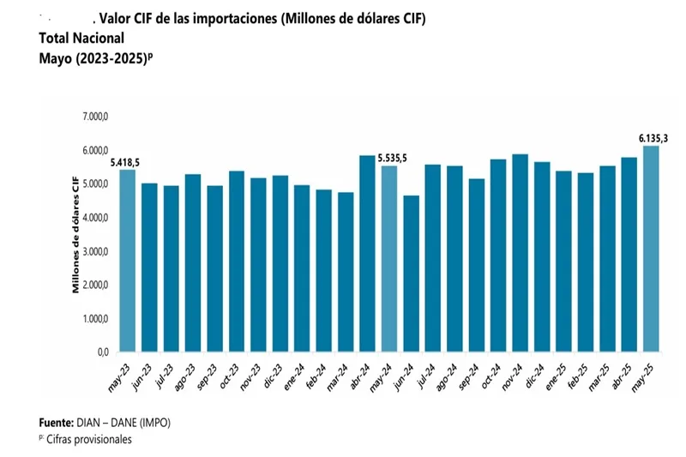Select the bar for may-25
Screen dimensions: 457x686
tap(651, 249)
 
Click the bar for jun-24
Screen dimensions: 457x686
tap(412, 274)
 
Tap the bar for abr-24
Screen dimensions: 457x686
tap(367, 253)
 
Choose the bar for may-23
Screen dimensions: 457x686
tap(128, 261)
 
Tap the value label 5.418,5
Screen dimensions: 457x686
tap(125, 162)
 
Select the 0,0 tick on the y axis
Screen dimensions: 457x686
tap(102, 352)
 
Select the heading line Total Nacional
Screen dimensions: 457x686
tap(81, 38)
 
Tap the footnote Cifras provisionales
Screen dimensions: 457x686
tap(90, 439)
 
